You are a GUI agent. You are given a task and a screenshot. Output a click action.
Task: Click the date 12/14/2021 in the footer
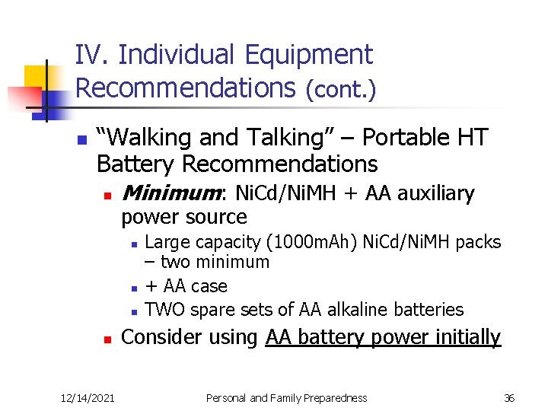[88, 397]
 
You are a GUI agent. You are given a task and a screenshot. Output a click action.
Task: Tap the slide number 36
[509, 397]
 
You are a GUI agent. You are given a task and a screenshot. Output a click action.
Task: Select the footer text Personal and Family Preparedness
[287, 397]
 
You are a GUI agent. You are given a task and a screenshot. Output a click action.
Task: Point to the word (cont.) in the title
[340, 89]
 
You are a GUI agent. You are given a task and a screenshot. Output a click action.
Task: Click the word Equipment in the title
[309, 55]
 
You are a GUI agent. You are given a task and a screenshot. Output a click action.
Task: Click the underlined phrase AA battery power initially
[383, 337]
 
